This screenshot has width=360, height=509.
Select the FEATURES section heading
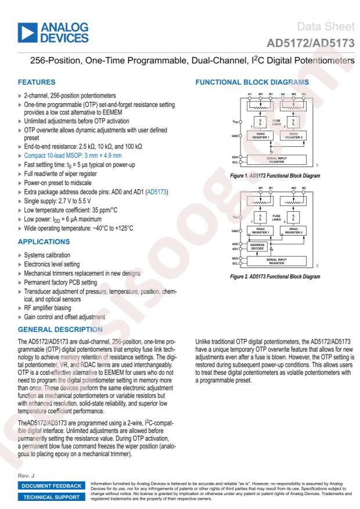[39, 82]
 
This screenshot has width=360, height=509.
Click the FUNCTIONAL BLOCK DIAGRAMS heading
[249, 82]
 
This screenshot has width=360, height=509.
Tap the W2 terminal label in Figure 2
[294, 188]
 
